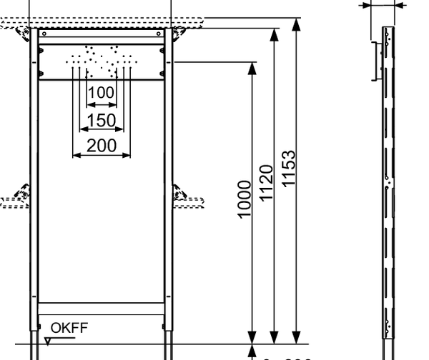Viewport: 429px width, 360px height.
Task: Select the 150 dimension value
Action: pyautogui.click(x=102, y=119)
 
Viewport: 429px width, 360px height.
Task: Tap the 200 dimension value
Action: pyautogui.click(x=102, y=145)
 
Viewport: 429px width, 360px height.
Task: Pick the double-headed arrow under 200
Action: pyautogui.click(x=102, y=156)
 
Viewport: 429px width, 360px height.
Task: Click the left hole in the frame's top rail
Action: pyautogui.click(x=44, y=33)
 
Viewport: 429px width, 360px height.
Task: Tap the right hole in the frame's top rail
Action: pyautogui.click(x=159, y=33)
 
